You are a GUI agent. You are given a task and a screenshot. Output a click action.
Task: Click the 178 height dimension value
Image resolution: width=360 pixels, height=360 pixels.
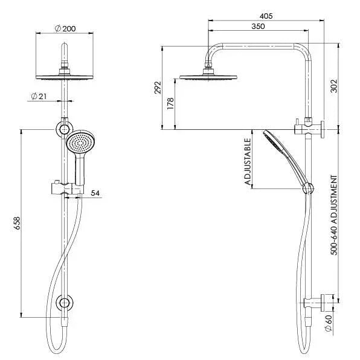click(170, 103)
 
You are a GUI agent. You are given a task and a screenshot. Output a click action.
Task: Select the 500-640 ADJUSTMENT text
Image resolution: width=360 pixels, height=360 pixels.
click(334, 223)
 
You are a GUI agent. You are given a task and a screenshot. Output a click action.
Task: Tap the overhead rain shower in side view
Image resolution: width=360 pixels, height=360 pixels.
click(208, 77)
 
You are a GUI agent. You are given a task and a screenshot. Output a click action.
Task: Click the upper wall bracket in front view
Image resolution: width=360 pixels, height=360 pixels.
click(63, 129)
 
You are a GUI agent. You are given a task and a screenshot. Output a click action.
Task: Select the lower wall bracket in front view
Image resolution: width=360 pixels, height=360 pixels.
click(63, 303)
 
